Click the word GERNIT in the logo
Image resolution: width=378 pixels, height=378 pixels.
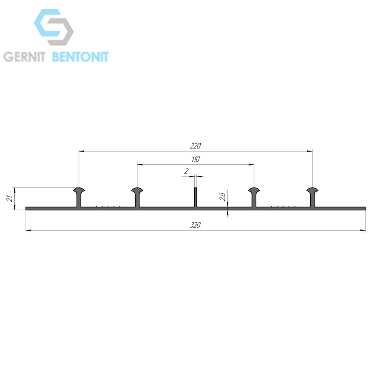click(24, 57)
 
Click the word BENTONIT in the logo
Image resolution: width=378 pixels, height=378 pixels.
click(81, 57)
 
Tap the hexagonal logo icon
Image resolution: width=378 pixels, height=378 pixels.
click(54, 27)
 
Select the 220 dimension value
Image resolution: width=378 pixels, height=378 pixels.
click(195, 146)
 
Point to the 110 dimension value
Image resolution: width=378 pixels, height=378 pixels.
click(195, 159)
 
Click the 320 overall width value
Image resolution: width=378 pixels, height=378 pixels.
click(195, 225)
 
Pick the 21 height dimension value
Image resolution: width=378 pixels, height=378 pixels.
click(10, 198)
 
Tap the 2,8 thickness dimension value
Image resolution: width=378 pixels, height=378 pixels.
click(223, 197)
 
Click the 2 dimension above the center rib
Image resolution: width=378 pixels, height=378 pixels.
click(186, 171)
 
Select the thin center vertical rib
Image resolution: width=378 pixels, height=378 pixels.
click(196, 197)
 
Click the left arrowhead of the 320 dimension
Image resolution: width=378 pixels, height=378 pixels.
click(28, 231)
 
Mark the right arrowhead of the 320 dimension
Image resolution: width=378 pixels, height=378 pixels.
click(363, 231)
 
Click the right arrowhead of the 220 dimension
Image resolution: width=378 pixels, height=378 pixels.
click(310, 151)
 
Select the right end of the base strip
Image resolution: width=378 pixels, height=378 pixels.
click(365, 209)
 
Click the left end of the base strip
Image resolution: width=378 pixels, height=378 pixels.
click(26, 209)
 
